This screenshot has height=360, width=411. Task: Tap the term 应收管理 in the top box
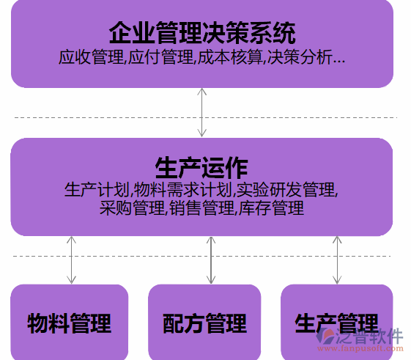[92, 57]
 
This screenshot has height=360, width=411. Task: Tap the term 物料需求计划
[182, 190]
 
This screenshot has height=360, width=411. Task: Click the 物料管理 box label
[70, 323]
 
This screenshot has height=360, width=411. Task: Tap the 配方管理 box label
[204, 323]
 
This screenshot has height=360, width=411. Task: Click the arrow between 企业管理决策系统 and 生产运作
[201, 113]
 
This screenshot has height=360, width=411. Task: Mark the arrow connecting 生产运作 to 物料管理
[71, 260]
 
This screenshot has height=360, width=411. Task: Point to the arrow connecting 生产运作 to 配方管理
[211, 260]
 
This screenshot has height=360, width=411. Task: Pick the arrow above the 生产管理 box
[337, 260]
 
